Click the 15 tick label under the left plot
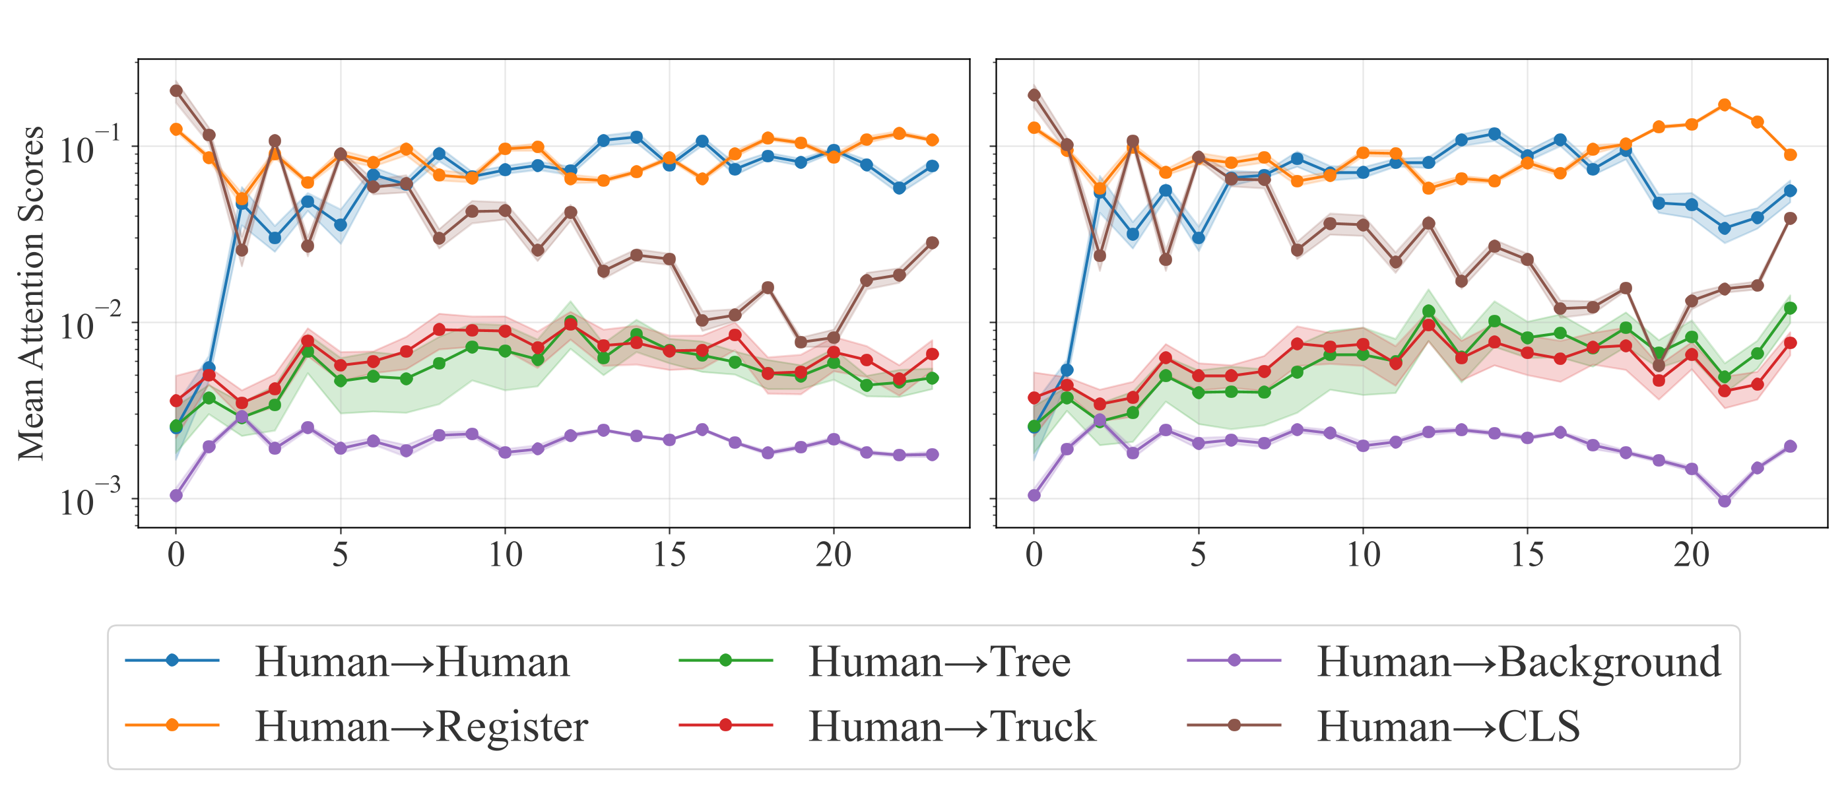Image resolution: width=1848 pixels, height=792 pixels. (x=669, y=554)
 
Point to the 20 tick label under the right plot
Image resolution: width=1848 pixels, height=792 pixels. (x=1692, y=554)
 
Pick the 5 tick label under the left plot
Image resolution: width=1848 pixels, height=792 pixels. (x=340, y=554)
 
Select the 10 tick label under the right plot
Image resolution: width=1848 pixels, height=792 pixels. (x=1362, y=554)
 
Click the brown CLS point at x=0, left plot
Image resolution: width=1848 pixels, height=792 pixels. (x=176, y=90)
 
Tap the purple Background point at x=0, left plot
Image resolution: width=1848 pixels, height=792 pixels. (x=176, y=495)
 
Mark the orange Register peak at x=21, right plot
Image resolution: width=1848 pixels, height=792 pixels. (x=1725, y=106)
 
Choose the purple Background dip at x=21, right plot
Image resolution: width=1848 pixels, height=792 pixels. (x=1725, y=501)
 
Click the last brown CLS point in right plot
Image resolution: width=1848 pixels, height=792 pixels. (x=1790, y=218)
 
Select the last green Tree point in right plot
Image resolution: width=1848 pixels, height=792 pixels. (x=1790, y=308)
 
